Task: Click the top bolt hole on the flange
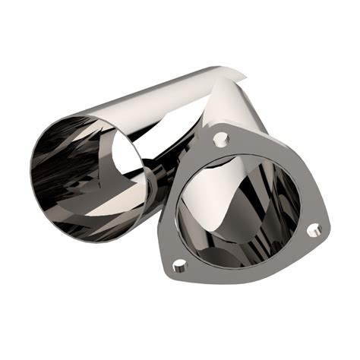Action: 221,139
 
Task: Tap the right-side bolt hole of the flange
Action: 313,229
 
